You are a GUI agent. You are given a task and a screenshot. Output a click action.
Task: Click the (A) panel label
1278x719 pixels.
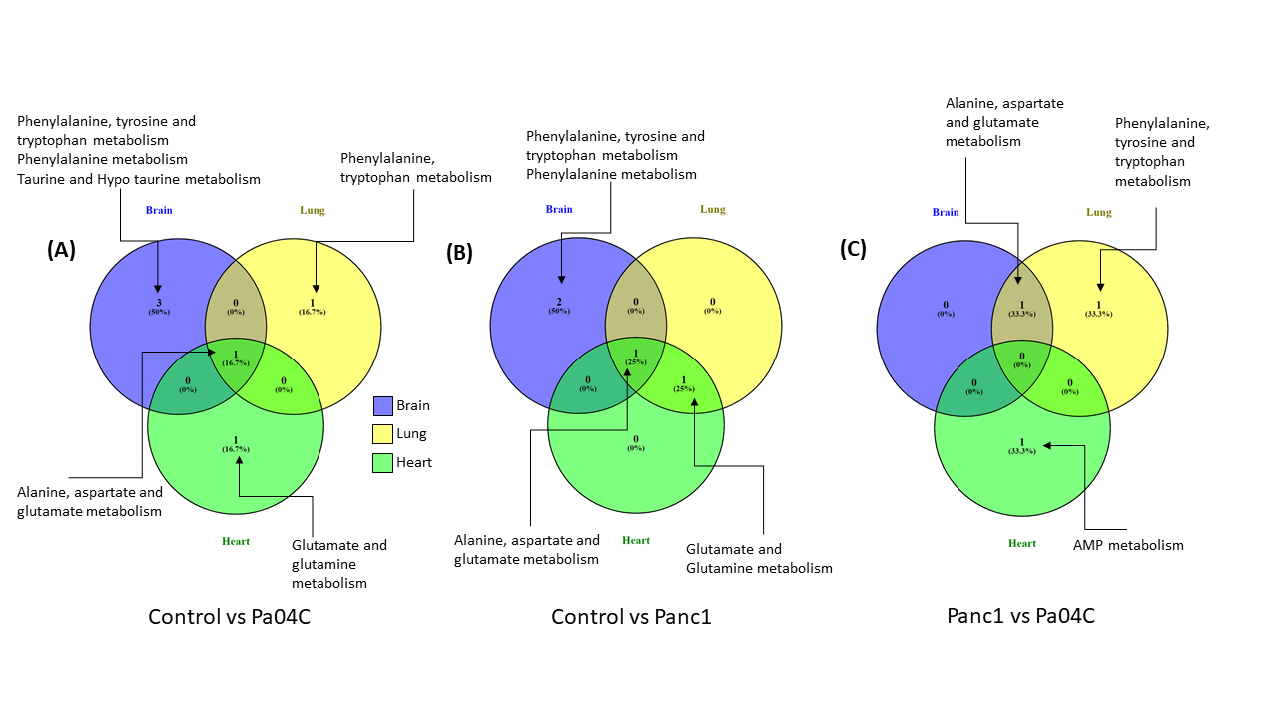[x=61, y=251]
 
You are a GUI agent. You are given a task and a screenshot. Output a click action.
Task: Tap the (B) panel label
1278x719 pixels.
[x=459, y=253]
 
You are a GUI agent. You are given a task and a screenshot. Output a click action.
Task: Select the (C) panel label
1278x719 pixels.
[x=853, y=250]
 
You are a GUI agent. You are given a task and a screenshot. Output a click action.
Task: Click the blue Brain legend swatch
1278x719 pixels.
[x=383, y=405]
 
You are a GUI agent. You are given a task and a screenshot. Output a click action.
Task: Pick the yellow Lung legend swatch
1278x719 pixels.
[x=383, y=433]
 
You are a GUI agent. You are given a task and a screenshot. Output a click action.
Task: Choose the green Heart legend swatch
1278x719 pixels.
[x=383, y=462]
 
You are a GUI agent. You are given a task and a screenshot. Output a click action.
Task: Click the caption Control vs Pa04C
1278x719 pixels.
[x=229, y=616]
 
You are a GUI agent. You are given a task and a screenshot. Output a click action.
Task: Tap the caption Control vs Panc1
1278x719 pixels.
[x=631, y=617]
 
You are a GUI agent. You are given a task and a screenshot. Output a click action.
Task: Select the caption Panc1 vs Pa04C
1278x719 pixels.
[x=1020, y=615]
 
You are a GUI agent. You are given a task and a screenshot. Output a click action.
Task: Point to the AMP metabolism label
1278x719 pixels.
[x=1128, y=545]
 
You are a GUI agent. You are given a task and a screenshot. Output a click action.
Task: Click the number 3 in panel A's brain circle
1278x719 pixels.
[x=158, y=302]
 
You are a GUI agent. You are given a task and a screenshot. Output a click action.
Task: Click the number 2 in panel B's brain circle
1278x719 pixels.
[x=559, y=301]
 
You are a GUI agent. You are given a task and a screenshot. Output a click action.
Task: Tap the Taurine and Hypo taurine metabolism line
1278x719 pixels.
[x=139, y=179]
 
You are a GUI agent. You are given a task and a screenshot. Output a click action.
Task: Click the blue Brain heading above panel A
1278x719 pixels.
[x=159, y=210]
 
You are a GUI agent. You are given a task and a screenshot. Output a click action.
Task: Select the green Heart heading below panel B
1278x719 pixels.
[x=636, y=540]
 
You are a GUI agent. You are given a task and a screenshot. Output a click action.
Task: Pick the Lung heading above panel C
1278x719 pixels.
[x=1098, y=212]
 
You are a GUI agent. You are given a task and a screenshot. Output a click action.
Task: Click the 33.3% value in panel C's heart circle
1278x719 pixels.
[x=1022, y=451]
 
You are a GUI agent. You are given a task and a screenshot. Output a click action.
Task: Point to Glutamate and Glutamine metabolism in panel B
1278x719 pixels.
[x=759, y=558]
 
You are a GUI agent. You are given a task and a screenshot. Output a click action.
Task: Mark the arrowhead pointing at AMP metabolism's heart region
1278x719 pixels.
[x=1044, y=445]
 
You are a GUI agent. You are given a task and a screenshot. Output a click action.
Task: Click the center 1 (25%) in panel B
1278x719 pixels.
[x=636, y=357]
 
